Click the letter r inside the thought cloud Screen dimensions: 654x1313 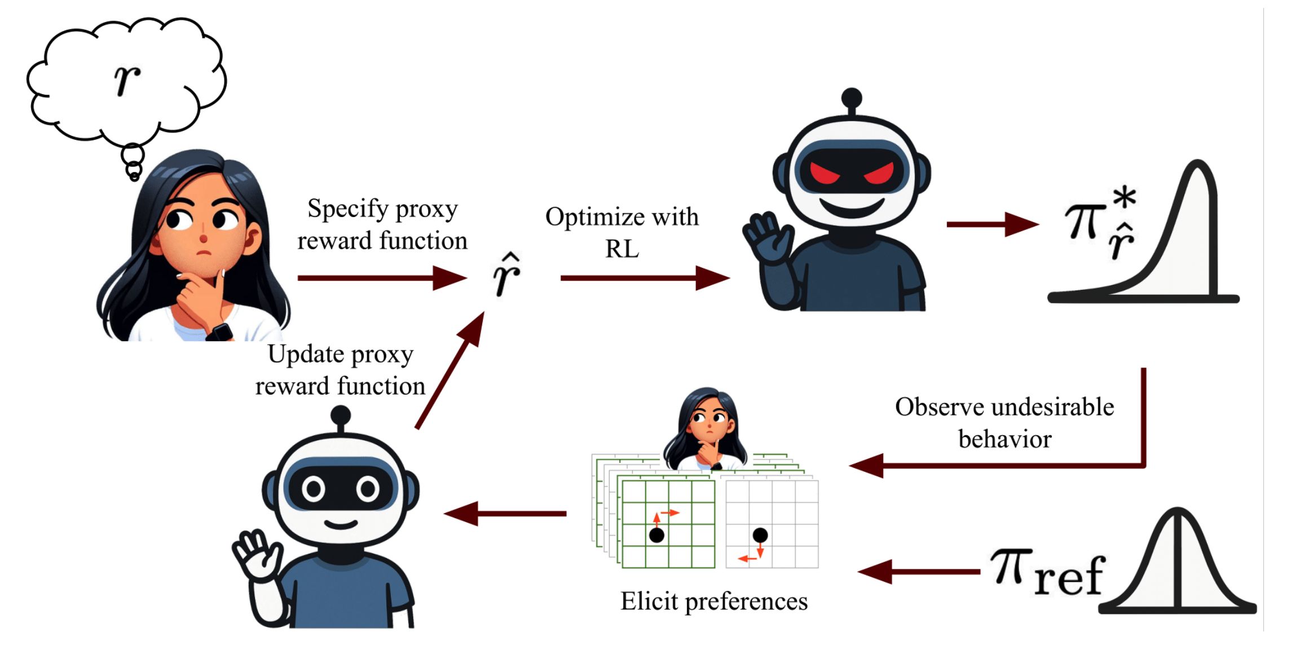[127, 79]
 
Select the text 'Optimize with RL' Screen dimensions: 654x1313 [622, 232]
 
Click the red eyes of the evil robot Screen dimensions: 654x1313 [852, 173]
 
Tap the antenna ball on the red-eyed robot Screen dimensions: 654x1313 [851, 98]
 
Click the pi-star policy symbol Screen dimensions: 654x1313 [1100, 223]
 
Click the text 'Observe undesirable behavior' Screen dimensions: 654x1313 [1004, 422]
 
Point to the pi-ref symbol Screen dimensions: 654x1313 [1046, 572]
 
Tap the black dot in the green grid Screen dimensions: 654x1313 [656, 535]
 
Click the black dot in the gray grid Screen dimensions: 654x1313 [760, 534]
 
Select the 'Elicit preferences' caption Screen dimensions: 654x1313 [714, 601]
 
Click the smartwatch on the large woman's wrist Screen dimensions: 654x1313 [220, 332]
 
